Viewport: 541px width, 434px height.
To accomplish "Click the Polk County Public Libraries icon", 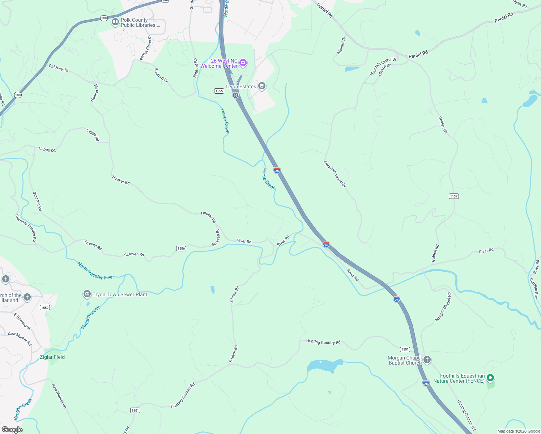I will pos(115,22).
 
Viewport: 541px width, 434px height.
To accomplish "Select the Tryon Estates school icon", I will pos(262,86).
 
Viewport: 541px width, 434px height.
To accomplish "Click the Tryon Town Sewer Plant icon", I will pos(87,294).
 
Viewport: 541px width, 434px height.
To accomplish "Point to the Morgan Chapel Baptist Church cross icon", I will pos(427,360).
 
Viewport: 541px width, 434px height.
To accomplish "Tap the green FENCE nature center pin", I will pos(490,378).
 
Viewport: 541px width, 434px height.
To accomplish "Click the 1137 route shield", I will pos(453,196).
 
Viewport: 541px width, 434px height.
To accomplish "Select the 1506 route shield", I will pos(181,248).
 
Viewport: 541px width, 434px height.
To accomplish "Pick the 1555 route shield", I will pos(219,91).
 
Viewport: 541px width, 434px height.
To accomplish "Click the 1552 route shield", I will pos(44,307).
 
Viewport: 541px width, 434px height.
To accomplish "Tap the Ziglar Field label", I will pos(52,357).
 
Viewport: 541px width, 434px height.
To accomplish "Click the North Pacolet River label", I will pos(96,271).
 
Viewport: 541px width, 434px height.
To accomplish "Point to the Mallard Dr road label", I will pos(341,46).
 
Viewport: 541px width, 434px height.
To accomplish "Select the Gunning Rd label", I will pos(37,201).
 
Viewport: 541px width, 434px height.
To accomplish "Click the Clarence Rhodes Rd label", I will pos(26,228).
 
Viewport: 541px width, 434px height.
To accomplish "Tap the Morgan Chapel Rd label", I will pos(443,307).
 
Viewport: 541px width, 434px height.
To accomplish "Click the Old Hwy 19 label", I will pos(59,68).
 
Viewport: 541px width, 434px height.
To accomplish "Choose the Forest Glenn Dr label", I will pos(146,48).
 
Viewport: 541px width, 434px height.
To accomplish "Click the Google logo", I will pos(12,429).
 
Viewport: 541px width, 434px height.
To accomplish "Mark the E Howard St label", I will pos(22,321).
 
